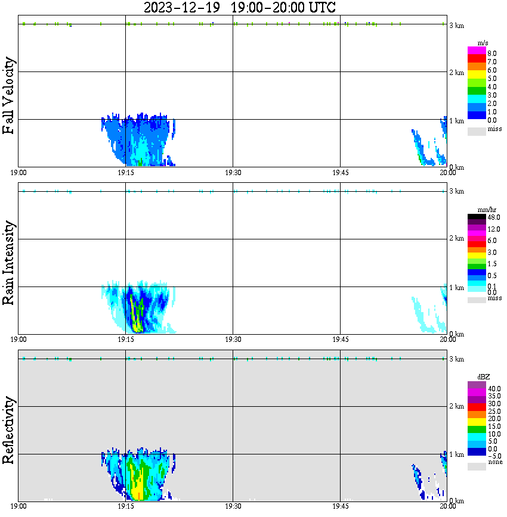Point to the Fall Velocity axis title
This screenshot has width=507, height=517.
tap(8, 96)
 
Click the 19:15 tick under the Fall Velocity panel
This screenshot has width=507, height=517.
tap(125, 172)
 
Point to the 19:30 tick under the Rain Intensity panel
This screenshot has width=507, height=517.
tap(233, 339)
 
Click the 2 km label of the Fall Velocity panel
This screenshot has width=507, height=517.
tap(456, 73)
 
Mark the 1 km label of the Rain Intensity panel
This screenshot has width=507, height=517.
tap(456, 288)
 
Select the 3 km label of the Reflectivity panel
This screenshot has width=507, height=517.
tap(456, 359)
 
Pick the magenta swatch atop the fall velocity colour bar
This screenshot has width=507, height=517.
tap(477, 51)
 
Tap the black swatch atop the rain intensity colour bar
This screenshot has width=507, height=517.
tap(477, 217)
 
